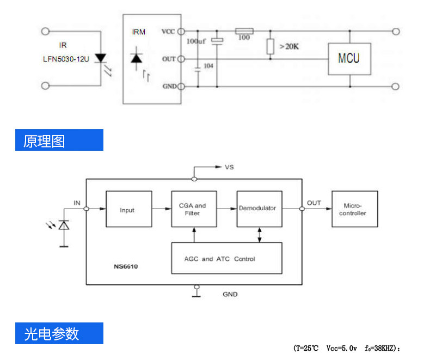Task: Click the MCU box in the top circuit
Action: (x=349, y=58)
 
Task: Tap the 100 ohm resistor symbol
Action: (x=244, y=31)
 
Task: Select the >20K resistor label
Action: (x=289, y=47)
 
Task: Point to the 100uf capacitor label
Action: (x=196, y=41)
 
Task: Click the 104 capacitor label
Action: (x=208, y=66)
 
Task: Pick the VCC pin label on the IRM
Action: (x=168, y=32)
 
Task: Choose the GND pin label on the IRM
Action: (x=169, y=87)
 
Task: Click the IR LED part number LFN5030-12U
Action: (x=66, y=59)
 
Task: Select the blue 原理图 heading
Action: (x=59, y=140)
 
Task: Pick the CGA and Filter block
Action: (x=193, y=210)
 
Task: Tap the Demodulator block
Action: (x=259, y=209)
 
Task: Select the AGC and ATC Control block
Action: (x=226, y=259)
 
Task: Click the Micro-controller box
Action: (x=354, y=210)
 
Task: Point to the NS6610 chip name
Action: (x=127, y=267)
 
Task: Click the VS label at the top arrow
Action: (x=229, y=167)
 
